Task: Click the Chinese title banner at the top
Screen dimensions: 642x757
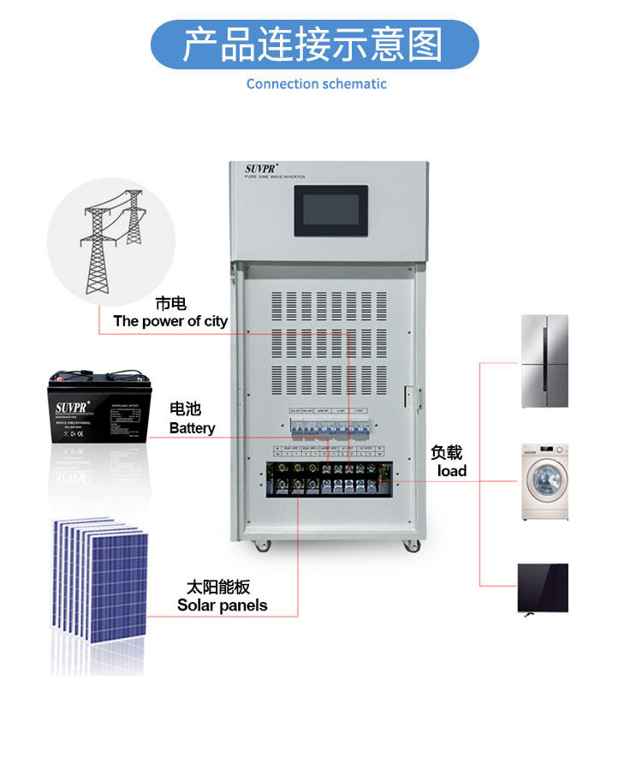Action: point(314,45)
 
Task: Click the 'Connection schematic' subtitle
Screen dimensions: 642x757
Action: point(316,84)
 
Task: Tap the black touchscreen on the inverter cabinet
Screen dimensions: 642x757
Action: point(331,211)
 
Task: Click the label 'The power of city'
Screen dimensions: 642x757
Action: point(170,321)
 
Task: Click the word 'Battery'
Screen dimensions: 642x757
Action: point(192,428)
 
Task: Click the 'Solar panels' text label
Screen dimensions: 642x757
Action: point(222,605)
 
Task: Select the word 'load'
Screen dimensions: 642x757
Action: point(451,471)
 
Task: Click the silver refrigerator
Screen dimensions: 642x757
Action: point(544,361)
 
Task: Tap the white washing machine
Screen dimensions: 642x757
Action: point(544,481)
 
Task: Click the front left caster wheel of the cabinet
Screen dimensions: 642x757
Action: point(259,545)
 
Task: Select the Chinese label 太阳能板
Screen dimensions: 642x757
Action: point(218,587)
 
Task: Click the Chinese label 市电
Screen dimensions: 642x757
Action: point(170,303)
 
